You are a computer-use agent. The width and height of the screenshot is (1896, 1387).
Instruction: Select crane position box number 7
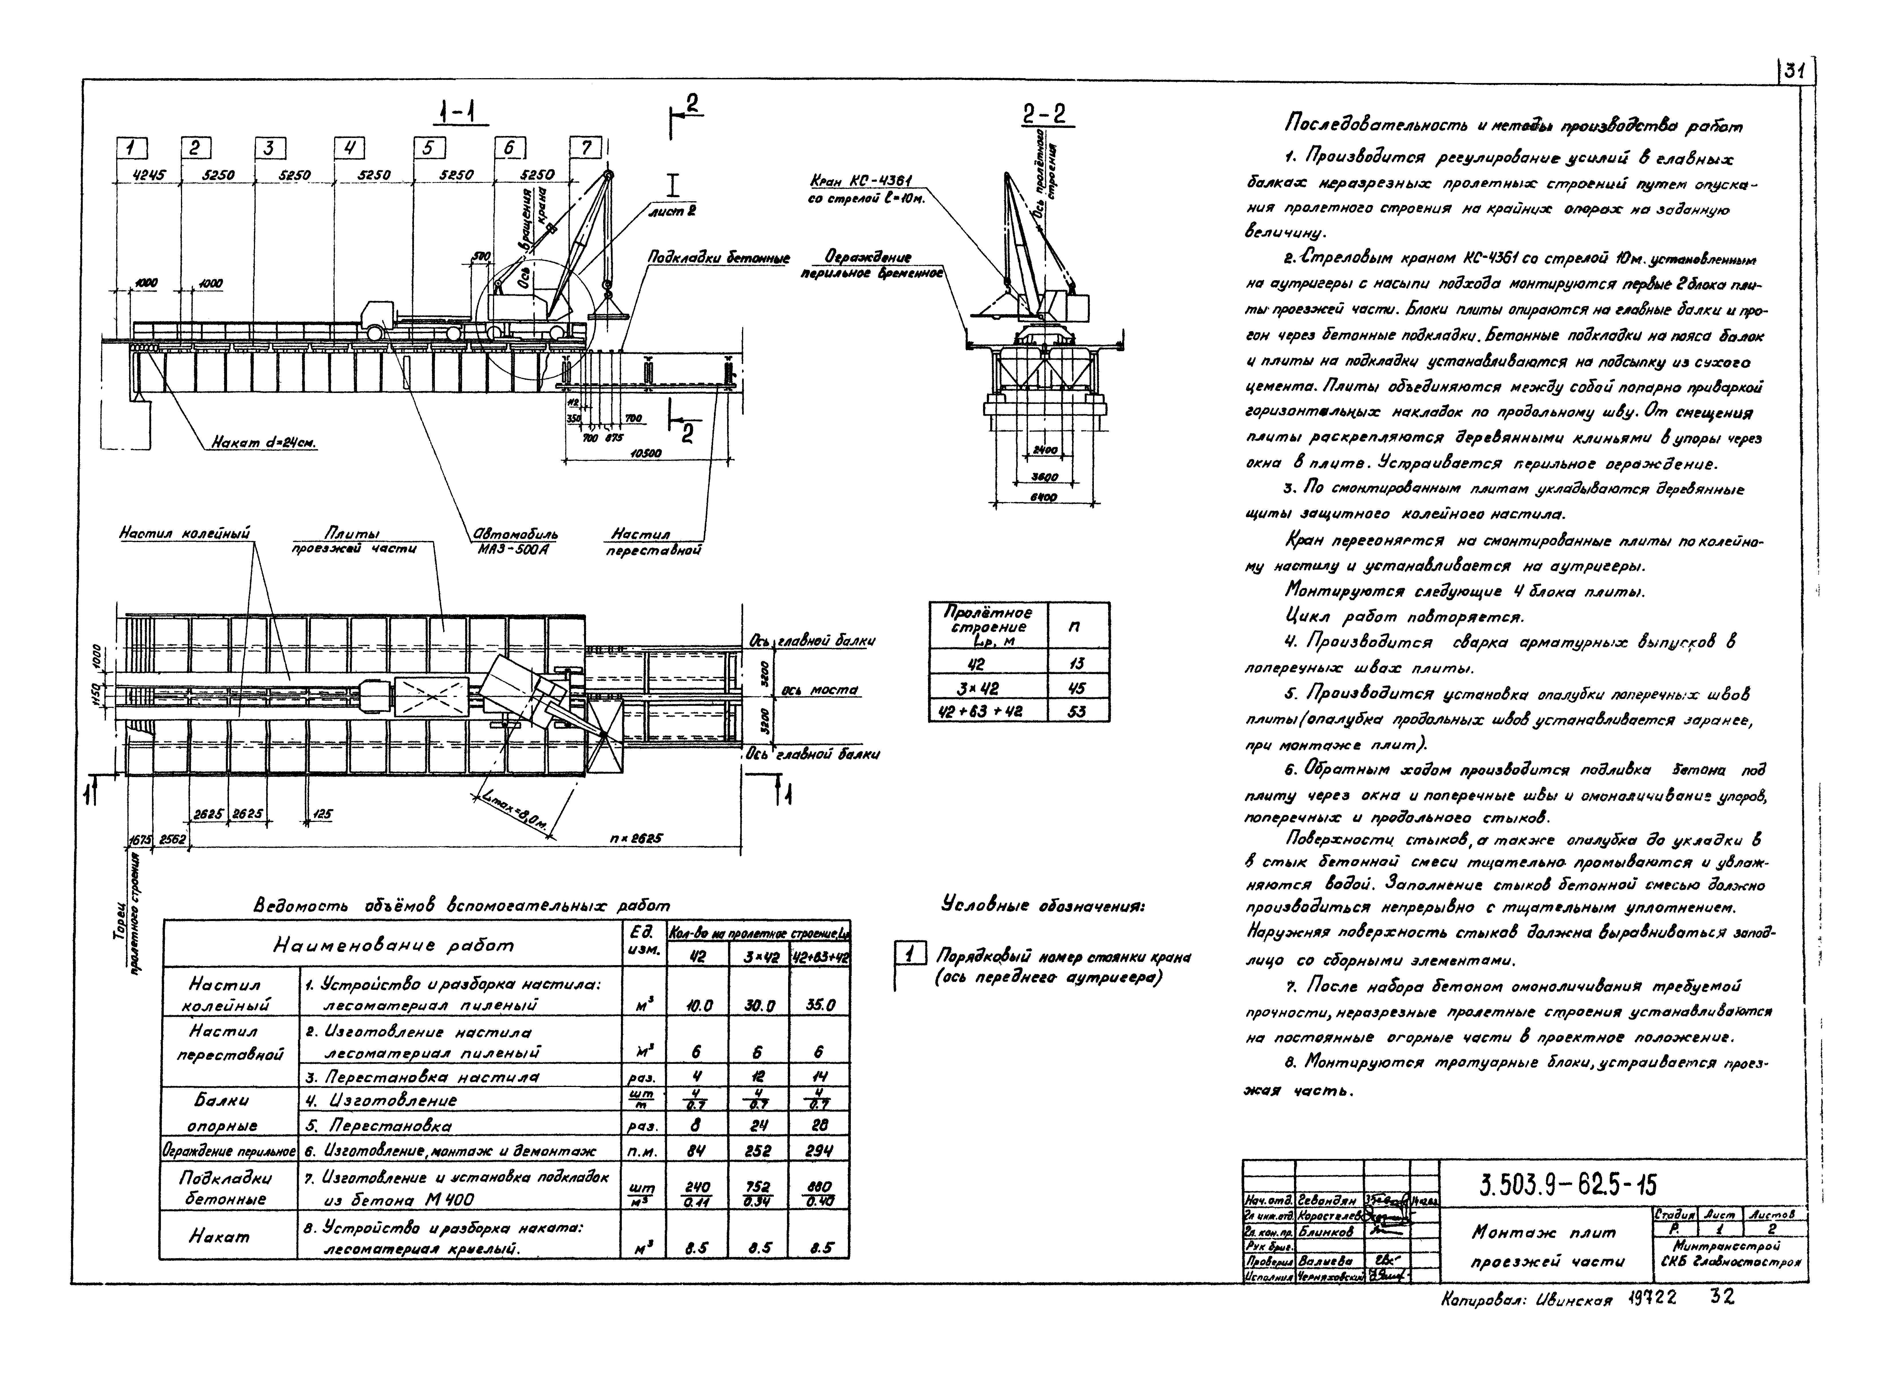point(585,148)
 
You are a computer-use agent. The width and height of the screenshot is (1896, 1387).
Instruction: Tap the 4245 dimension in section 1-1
point(148,175)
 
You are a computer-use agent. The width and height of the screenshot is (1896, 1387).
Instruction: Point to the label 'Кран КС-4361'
point(861,181)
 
